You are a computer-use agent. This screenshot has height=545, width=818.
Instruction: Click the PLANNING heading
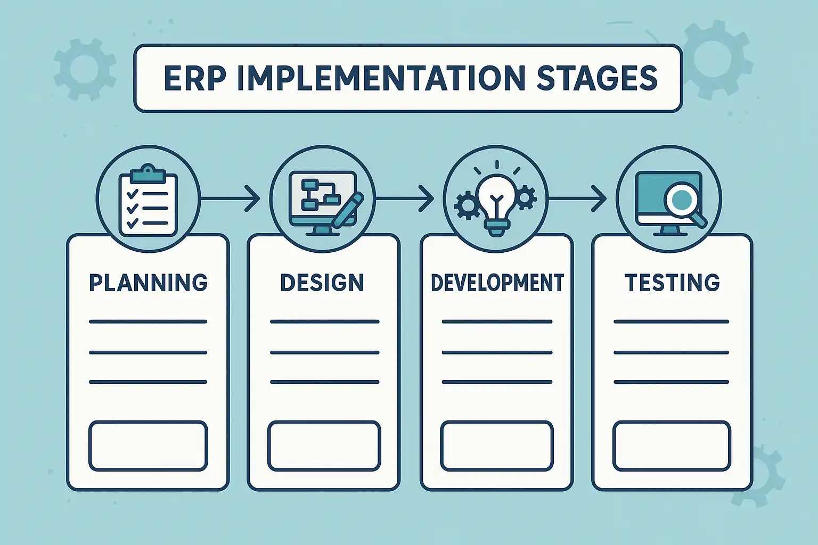pyautogui.click(x=148, y=283)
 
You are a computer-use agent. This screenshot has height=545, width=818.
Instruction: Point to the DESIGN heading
pyautogui.click(x=322, y=283)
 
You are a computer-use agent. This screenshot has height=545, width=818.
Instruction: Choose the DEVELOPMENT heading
pyautogui.click(x=497, y=283)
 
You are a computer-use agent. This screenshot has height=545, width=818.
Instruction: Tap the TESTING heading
pyautogui.click(x=672, y=283)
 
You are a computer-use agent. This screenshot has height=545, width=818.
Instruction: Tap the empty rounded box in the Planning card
pyautogui.click(x=148, y=446)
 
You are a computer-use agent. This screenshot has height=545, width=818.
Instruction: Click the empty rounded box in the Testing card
pyautogui.click(x=672, y=446)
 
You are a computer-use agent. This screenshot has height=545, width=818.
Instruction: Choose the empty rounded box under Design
pyautogui.click(x=324, y=446)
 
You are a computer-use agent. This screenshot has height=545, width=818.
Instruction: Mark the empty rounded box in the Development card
pyautogui.click(x=497, y=446)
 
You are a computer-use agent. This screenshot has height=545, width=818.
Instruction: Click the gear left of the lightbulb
pyautogui.click(x=467, y=205)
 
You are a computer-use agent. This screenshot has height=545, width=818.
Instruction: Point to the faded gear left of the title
pyautogui.click(x=85, y=69)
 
